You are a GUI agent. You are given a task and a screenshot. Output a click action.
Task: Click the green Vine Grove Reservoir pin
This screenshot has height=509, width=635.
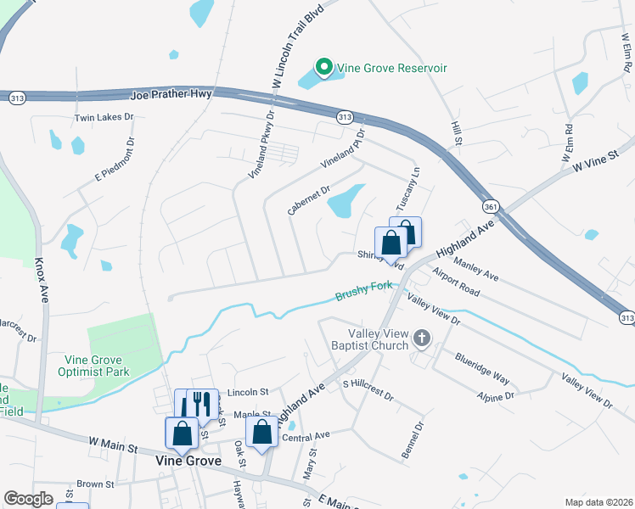[323, 66]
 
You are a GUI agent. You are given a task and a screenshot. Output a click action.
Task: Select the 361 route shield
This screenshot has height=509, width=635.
[491, 207]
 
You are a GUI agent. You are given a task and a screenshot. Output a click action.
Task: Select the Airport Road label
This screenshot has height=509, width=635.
[456, 282]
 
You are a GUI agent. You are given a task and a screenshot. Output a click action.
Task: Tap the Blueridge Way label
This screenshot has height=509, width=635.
[482, 370]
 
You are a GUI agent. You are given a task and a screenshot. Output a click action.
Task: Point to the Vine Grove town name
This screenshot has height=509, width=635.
[188, 461]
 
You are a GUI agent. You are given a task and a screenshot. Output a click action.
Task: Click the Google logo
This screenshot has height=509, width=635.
[29, 498]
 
